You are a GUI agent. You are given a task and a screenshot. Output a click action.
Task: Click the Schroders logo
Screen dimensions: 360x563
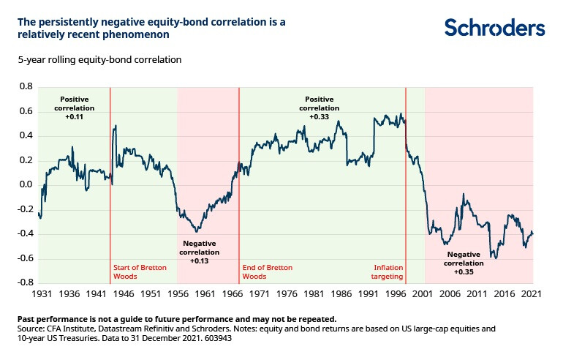pyautogui.click(x=494, y=28)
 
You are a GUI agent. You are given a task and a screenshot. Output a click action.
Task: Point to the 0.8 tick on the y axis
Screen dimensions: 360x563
pyautogui.click(x=26, y=86)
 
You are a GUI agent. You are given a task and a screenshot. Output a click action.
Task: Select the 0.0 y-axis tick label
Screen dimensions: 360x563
pyautogui.click(x=26, y=184)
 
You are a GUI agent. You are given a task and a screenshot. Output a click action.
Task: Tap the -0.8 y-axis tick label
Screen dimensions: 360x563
pyautogui.click(x=24, y=282)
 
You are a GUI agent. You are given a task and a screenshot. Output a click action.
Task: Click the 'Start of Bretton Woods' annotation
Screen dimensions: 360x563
pyautogui.click(x=140, y=272)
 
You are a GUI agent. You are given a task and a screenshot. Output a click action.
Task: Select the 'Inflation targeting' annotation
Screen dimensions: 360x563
pyautogui.click(x=388, y=272)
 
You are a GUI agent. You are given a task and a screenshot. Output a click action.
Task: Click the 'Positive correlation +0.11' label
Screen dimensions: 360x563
pyautogui.click(x=73, y=107)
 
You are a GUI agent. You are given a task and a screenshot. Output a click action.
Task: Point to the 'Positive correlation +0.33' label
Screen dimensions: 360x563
pyautogui.click(x=319, y=107)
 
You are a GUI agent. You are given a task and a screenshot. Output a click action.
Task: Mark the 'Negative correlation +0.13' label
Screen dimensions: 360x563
pyautogui.click(x=199, y=251)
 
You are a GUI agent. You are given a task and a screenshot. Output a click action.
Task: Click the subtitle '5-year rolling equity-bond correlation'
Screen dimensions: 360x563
pyautogui.click(x=99, y=59)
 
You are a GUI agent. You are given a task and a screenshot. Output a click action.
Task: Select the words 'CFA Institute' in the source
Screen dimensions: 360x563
pyautogui.click(x=73, y=329)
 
